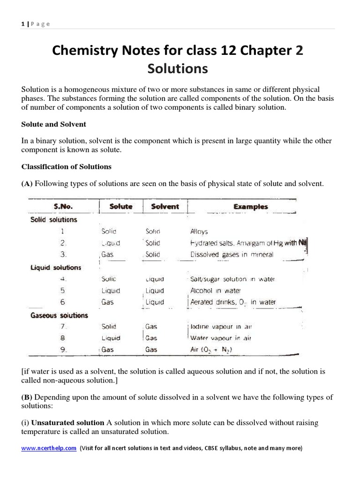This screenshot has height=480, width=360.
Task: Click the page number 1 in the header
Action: pos(22,24)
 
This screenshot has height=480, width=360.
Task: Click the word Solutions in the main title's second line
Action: pos(177,68)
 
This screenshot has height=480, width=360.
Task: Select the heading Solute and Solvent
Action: pos(54,124)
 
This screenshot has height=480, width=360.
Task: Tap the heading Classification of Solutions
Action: pos(67,166)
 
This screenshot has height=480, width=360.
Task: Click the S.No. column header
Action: pos(63,206)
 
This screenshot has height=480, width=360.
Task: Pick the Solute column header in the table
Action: pos(121,206)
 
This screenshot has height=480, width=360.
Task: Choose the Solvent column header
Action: pos(165,206)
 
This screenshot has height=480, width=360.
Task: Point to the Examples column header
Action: pos(251,206)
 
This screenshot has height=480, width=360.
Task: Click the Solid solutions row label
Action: pos(53,219)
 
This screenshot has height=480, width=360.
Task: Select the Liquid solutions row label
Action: pos(56,268)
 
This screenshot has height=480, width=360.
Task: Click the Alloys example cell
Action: pos(199,232)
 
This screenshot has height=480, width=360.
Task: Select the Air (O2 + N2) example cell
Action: pos(211,350)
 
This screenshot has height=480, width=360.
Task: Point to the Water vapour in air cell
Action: pos(221,338)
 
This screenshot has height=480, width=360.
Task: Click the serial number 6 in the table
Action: pos(62,302)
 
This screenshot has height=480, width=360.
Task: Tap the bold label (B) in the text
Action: pos(27,397)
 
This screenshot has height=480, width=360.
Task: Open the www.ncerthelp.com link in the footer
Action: pos(49,448)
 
